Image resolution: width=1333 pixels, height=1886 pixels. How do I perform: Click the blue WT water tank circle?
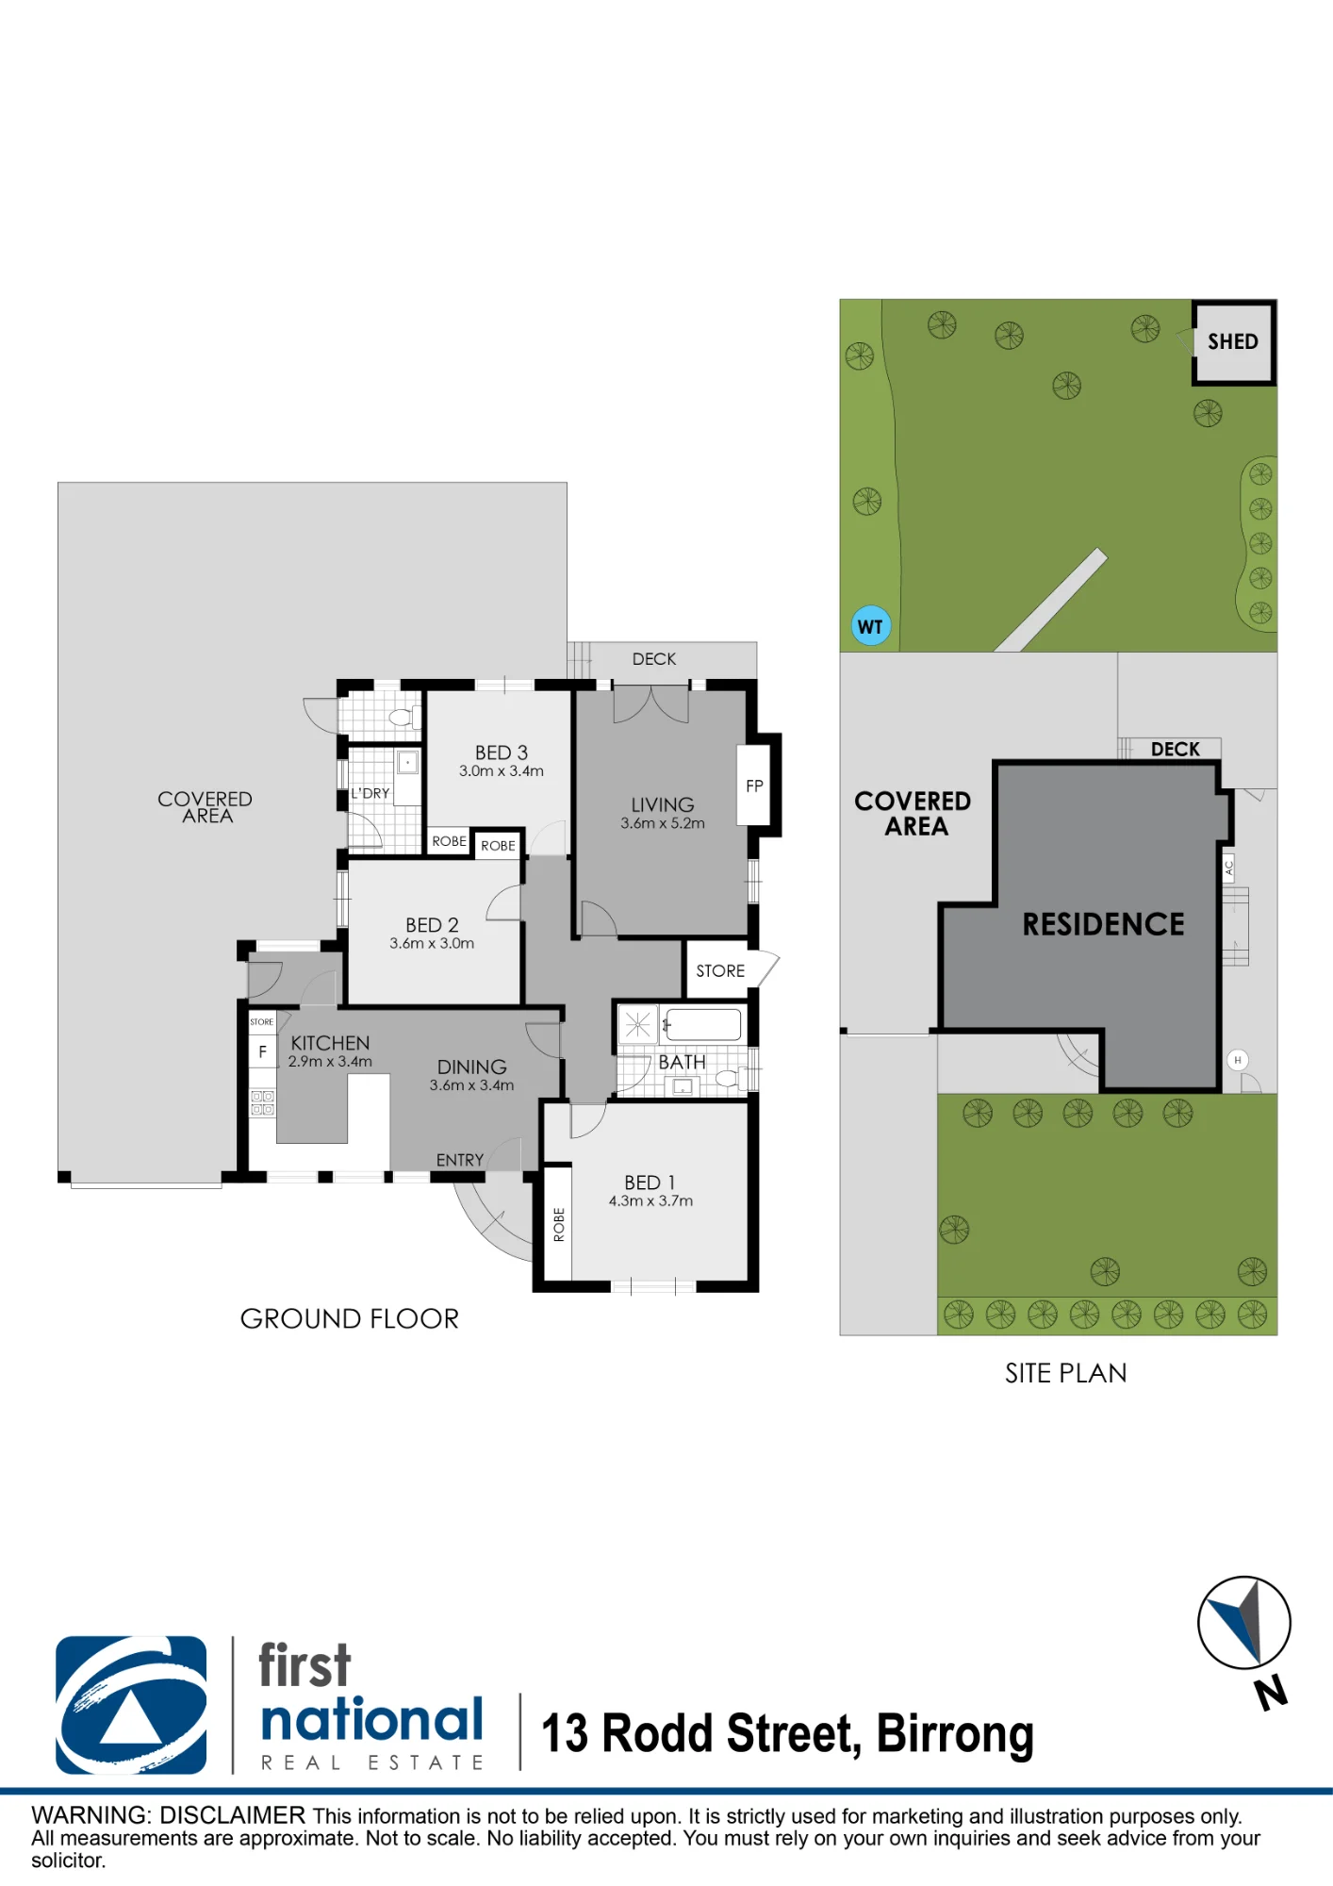point(871,626)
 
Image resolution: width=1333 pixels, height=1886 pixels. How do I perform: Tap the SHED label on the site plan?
point(1233,341)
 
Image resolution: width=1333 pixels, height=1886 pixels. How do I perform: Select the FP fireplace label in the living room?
point(754,786)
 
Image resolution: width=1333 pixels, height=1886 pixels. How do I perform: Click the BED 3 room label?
point(502,753)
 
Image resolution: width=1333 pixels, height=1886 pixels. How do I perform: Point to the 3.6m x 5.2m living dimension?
point(663,823)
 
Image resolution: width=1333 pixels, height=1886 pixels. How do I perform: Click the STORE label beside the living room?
point(720,971)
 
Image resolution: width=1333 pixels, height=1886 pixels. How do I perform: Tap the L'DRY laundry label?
point(370,793)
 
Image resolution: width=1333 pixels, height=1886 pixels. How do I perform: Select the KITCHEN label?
point(330,1043)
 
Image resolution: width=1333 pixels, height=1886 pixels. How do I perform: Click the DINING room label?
point(472,1067)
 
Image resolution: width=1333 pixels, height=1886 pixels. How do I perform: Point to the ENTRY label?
point(460,1160)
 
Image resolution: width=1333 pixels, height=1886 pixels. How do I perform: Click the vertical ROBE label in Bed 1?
point(559,1224)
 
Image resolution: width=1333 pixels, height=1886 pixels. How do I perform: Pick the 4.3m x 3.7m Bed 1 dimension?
point(650,1200)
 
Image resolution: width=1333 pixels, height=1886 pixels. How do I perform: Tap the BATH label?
point(682,1063)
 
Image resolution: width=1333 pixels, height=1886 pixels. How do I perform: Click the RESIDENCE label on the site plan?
point(1104,924)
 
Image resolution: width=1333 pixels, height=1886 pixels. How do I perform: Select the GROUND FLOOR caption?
point(350,1318)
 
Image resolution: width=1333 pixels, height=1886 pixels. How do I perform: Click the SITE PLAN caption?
point(1066,1373)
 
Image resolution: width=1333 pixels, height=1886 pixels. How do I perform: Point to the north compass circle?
point(1244,1623)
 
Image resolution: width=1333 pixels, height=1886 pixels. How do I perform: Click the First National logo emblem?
point(131,1705)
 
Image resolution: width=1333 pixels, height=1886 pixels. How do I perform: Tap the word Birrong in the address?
point(955,1735)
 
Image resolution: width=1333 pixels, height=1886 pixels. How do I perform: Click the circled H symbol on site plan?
point(1238,1060)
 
